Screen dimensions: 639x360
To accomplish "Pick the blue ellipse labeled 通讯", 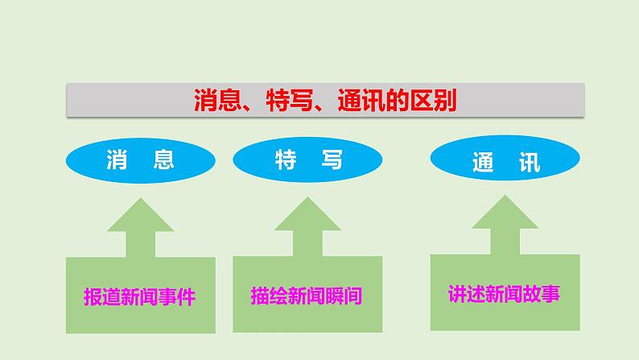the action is (x=505, y=161).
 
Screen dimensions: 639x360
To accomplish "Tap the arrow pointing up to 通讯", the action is (x=505, y=225).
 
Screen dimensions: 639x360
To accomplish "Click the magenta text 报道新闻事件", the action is (x=140, y=296).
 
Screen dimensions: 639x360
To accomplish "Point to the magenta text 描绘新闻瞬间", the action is (x=307, y=296).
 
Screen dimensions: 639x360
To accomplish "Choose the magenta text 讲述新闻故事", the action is (x=505, y=293).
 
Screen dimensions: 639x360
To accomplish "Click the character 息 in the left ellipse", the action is (x=163, y=159).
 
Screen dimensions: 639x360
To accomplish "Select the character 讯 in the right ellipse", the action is (x=529, y=163).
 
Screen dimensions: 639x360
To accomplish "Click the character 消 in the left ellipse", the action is (x=118, y=159).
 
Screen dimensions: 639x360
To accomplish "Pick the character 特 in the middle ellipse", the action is (x=284, y=160).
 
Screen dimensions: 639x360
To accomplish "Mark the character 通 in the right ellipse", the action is (x=483, y=163).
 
